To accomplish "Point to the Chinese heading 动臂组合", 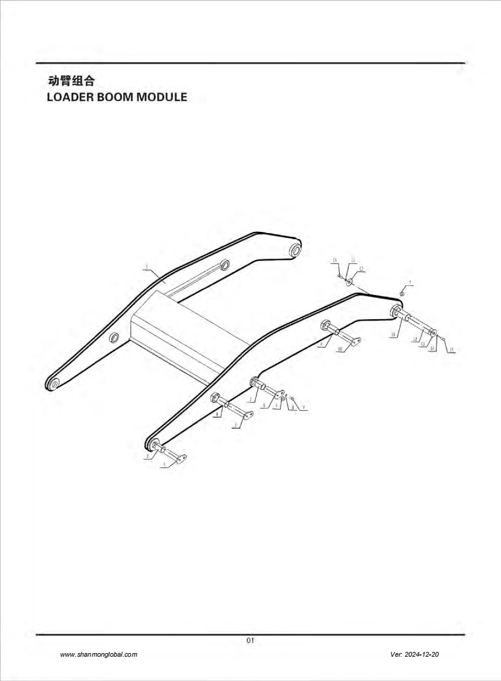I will coord(71,81).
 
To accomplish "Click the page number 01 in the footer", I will coord(250,640).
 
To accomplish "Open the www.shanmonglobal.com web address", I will coord(99,655).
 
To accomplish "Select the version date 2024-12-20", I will coord(423,655).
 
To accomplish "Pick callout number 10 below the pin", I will coord(340,349).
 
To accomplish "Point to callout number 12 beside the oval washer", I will coord(361,268).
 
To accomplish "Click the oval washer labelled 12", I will coord(351,282).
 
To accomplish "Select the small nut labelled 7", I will coord(402,293).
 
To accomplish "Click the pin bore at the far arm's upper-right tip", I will coord(295,249).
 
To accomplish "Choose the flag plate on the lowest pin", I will coord(180,457).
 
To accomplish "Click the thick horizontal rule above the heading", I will coord(250,63).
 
